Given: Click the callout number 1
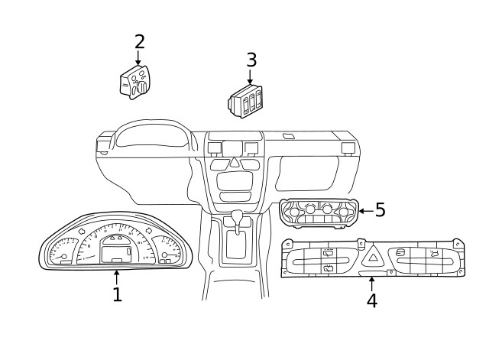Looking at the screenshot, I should tap(117, 295).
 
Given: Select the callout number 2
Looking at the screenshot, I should tap(139, 42).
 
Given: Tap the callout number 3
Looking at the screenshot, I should tap(251, 60).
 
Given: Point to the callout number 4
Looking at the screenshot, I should tap(371, 301).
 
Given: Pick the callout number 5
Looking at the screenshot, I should tap(380, 210).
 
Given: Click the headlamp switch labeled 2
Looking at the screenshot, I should tap(134, 82).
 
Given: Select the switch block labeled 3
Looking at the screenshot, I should tap(246, 102).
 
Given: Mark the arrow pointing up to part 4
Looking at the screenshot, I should tap(371, 282).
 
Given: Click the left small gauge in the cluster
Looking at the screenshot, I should tap(62, 252).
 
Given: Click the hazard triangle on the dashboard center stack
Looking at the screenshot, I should tap(234, 163).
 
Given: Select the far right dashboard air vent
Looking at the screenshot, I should tap(348, 147).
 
